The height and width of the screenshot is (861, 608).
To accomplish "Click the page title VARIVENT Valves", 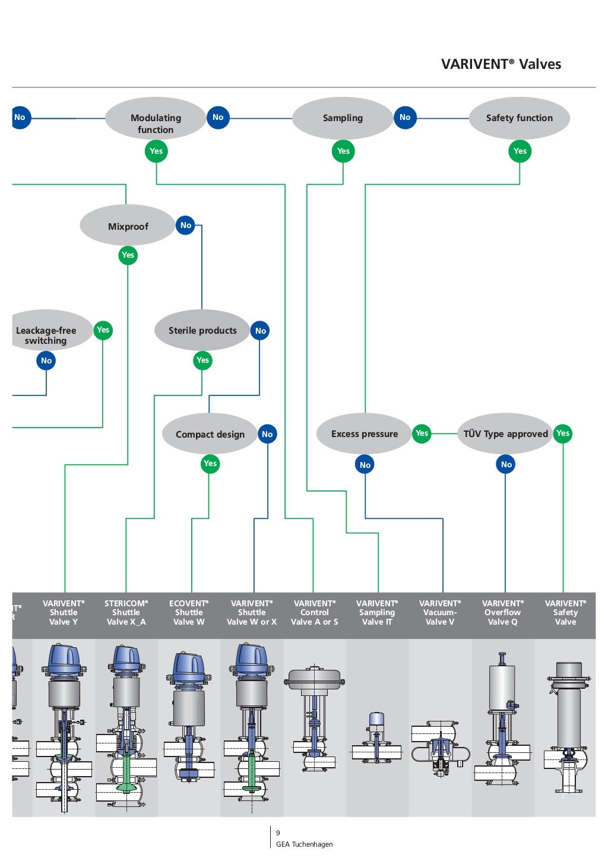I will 501,64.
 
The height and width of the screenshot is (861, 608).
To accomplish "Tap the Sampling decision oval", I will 343,118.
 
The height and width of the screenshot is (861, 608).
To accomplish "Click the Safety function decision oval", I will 519,118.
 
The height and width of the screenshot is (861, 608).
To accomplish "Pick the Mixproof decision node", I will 128,226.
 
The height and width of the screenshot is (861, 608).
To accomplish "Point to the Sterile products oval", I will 202,331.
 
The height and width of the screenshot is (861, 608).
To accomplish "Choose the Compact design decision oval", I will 210,434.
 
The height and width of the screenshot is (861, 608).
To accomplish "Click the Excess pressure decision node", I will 364,434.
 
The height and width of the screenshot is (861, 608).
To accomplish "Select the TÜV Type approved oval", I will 505,434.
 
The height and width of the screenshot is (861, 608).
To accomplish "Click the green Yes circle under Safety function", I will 520,151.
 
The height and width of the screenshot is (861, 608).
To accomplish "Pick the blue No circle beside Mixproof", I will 186,225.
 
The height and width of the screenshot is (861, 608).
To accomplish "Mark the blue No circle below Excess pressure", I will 365,465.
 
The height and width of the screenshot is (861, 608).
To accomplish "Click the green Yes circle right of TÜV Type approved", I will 562,433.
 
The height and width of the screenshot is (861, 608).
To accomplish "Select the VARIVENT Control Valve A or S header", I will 314,612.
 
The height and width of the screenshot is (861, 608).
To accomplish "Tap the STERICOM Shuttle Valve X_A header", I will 126,612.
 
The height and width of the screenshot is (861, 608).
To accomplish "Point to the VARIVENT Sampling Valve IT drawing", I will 377,739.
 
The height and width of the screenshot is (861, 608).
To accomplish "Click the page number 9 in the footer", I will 278,833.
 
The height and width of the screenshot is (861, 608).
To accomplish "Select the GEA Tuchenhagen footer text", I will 304,844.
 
